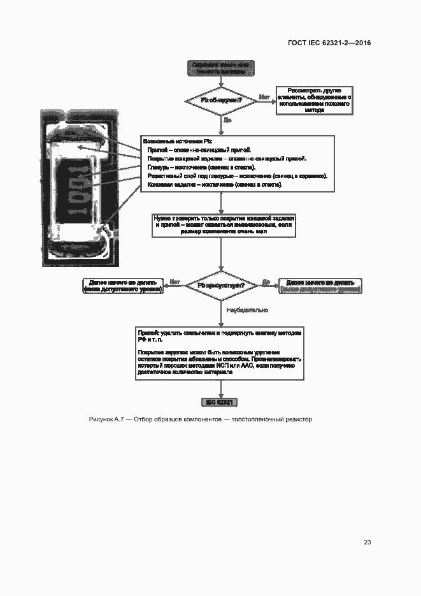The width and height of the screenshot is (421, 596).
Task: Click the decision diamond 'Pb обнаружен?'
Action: tap(220, 100)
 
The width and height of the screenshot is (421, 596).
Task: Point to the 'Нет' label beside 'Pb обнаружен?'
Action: tap(264, 97)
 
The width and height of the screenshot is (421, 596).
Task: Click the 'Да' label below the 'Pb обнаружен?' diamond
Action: tap(227, 119)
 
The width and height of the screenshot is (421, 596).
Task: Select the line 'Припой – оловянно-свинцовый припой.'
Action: tap(199, 149)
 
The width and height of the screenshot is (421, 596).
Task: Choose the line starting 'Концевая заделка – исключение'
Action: tap(215, 184)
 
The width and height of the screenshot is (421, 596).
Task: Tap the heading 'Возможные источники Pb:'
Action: tap(173, 140)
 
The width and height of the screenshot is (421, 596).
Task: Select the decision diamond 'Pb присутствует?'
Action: tap(220, 286)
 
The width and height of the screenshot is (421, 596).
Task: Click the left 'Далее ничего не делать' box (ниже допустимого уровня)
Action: tap(122, 286)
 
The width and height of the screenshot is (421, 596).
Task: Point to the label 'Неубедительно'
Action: tap(247, 310)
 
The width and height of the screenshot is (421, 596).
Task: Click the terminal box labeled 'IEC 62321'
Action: tap(220, 402)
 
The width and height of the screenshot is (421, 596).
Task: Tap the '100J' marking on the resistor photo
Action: tap(76, 191)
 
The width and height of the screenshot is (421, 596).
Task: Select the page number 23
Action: tap(367, 542)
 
